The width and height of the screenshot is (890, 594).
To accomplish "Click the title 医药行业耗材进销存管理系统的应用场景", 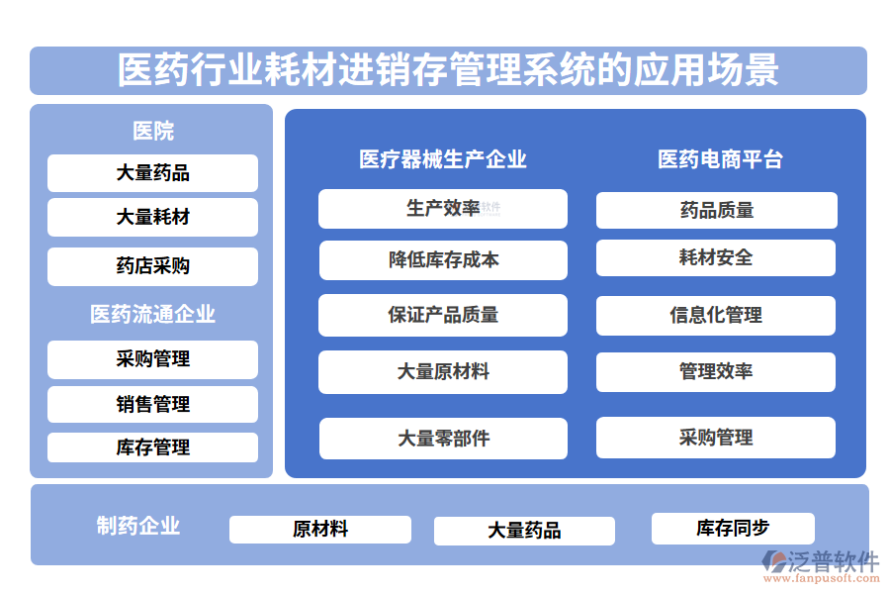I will [448, 70].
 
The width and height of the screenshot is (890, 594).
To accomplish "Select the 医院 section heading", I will [152, 131].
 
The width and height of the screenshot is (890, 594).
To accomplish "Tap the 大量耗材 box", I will [152, 217].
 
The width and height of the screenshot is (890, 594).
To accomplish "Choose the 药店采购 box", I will [152, 265].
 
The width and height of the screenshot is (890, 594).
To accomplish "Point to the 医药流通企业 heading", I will [152, 315].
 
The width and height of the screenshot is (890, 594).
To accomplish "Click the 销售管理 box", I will [152, 404].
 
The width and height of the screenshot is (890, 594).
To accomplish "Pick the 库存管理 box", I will [152, 447].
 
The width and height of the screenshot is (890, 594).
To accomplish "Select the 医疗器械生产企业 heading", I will [442, 159].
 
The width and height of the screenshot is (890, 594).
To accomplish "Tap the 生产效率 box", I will [442, 209].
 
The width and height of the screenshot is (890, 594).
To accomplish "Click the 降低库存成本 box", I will [442, 260].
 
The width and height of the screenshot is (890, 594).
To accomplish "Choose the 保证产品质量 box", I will [442, 315].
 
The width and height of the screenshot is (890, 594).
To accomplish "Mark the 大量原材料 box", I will [442, 372].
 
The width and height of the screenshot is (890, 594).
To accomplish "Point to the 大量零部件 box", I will [442, 438].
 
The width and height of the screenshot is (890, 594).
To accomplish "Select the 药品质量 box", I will [716, 210].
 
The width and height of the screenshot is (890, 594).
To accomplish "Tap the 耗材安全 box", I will [716, 257].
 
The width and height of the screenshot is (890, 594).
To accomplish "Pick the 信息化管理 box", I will [716, 315].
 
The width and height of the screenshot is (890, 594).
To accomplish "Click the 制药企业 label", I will [137, 526].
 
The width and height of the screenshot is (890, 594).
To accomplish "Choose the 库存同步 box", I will [732, 529].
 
